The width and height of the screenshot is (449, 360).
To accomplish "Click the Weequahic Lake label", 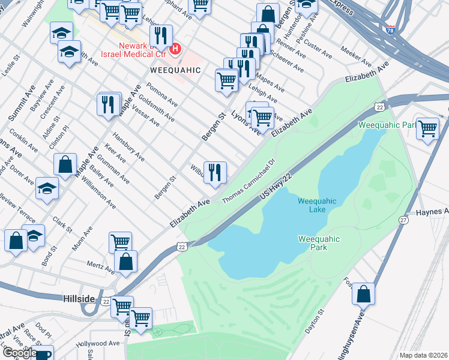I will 317,205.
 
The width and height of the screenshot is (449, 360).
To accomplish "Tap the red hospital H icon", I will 175,49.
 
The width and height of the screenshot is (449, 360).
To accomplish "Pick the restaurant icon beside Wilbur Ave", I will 215,173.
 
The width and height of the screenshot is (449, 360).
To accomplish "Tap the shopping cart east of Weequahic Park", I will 427,128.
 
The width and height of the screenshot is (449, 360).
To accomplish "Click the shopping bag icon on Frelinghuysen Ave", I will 363,295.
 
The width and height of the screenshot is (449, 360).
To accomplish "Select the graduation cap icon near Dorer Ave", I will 47,188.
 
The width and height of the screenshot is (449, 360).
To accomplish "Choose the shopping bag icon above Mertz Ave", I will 125,262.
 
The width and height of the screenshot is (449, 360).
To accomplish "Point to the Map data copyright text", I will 423,355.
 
